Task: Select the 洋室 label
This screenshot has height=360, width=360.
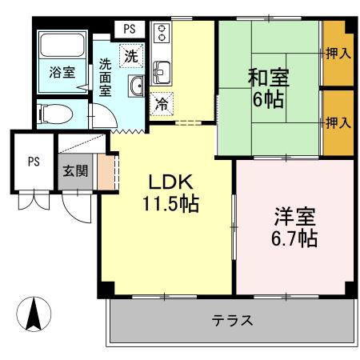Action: coord(295,216)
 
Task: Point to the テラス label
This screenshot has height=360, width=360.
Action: coord(232,321)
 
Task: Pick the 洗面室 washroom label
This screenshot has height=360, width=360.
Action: coord(105,76)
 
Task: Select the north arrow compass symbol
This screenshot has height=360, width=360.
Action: coord(34,313)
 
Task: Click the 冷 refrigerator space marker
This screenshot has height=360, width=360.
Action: coord(162,103)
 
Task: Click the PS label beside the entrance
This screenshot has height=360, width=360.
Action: coord(34,161)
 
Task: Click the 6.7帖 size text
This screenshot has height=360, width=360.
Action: coord(295,238)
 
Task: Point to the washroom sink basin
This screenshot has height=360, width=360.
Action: coord(136,86)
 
